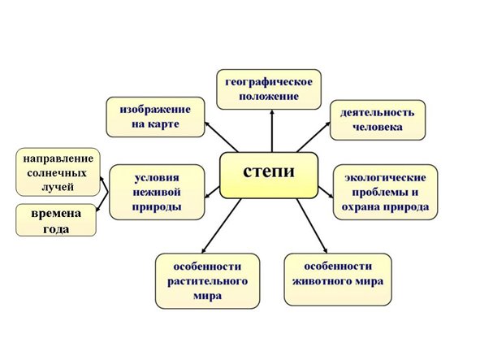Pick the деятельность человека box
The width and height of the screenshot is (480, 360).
(x=378, y=119)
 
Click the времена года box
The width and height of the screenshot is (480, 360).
(x=56, y=220)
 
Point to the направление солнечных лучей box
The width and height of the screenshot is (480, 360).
(x=57, y=172)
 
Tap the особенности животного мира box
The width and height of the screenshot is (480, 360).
(x=337, y=280)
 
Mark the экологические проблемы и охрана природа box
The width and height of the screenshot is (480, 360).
(x=385, y=192)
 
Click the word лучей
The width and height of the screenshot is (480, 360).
(x=57, y=188)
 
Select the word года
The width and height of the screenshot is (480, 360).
(x=57, y=229)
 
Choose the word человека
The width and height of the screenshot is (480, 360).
(x=378, y=128)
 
